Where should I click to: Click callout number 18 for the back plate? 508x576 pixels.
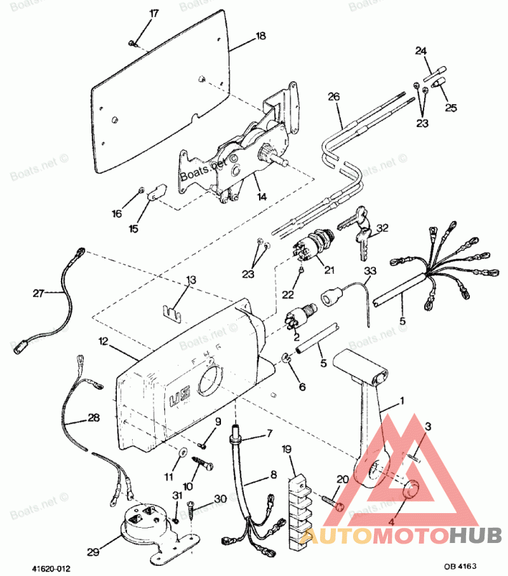260,36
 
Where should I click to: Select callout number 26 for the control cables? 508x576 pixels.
334,97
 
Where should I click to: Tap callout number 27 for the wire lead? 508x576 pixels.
39,293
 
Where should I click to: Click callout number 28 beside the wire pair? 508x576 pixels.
93,419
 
